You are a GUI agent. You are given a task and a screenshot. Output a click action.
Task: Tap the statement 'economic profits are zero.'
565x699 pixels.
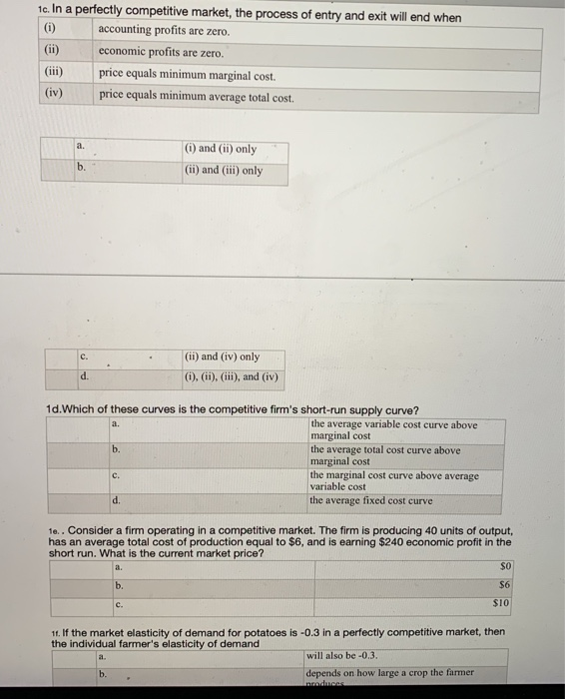[161, 52]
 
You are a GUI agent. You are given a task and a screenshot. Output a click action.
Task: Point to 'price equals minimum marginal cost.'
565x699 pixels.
[187, 75]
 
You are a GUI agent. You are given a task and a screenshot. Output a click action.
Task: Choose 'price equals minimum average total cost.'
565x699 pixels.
[196, 97]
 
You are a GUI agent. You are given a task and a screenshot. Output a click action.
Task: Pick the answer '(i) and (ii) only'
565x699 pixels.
[221, 149]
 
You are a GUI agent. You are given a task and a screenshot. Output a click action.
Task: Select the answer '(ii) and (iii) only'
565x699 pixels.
[224, 170]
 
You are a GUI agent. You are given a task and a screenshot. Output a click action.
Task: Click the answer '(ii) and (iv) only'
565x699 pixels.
[222, 356]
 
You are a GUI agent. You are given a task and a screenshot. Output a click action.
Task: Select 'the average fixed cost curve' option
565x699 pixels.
[371, 500]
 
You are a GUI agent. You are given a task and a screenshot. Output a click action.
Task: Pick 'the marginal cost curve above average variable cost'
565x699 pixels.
[393, 480]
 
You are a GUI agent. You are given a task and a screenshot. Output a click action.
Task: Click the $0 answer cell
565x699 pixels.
[508, 566]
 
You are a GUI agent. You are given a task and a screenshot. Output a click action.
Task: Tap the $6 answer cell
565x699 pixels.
[508, 585]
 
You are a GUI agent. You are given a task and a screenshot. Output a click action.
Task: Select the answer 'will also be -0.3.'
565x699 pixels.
[345, 655]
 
